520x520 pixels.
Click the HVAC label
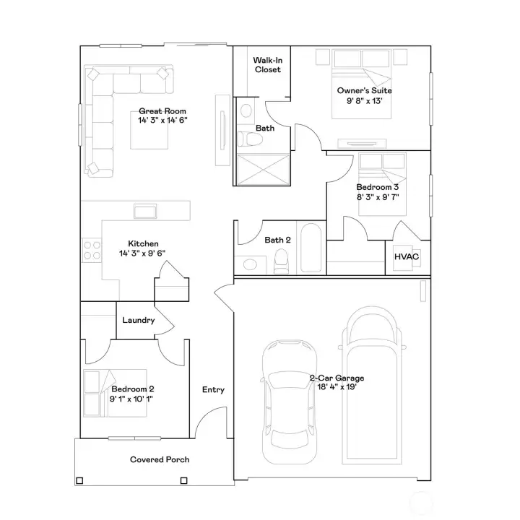[407, 256]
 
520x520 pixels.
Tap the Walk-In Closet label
[268, 65]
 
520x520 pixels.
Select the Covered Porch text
[160, 459]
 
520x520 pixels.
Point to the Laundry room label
[139, 320]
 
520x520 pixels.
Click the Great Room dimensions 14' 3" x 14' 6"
[162, 120]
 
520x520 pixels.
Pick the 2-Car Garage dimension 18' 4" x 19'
[337, 386]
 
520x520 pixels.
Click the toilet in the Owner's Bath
[250, 139]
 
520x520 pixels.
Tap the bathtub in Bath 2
[311, 248]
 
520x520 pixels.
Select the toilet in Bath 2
[281, 261]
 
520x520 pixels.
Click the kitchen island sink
[145, 211]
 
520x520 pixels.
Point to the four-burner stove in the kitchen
[92, 251]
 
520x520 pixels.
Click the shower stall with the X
[264, 170]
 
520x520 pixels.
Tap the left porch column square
[79, 480]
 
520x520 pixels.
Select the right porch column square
[183, 480]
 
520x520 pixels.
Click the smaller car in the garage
[289, 402]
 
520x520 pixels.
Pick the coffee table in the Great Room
[149, 130]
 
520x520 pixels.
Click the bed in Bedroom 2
[115, 393]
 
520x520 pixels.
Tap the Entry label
[213, 390]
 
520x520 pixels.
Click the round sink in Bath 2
[250, 264]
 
